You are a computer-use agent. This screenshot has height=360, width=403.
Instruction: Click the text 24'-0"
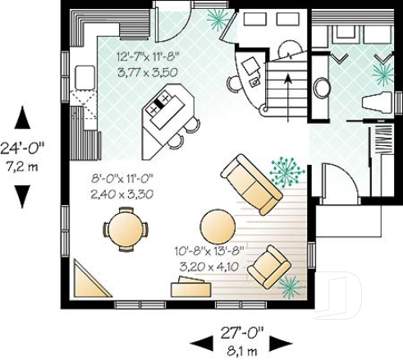pos(24,150)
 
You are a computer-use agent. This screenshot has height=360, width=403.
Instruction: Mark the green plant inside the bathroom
pos(382,73)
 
